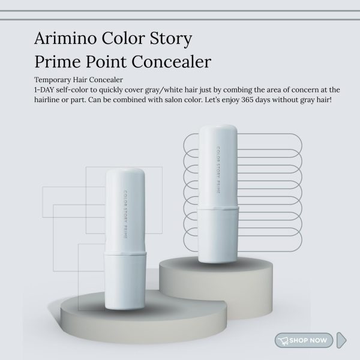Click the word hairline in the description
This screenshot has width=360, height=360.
pos(52,99)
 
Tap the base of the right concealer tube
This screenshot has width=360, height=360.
pos(220,241)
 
